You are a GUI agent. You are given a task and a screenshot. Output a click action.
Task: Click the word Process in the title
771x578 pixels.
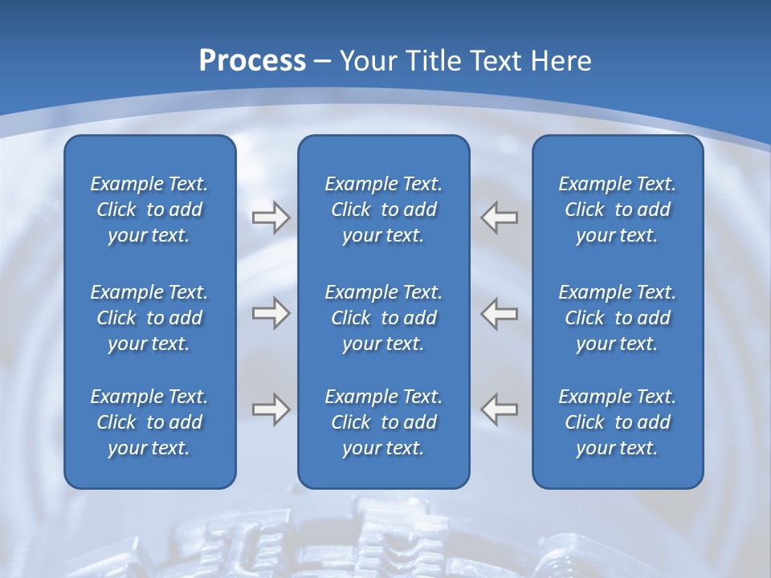click(x=252, y=60)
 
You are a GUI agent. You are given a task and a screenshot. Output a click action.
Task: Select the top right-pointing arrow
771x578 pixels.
click(x=271, y=218)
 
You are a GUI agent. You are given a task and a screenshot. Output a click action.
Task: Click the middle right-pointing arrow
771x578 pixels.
click(x=271, y=313)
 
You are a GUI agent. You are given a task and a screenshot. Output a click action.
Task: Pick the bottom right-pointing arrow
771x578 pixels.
click(x=271, y=409)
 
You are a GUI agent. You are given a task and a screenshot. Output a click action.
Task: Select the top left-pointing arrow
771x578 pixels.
click(x=499, y=218)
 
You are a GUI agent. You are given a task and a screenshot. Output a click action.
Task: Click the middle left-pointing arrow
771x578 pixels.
click(x=499, y=313)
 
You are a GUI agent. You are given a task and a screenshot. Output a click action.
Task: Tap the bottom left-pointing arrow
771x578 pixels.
click(x=499, y=409)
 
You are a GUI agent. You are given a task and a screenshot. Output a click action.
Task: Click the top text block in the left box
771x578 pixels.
click(x=149, y=210)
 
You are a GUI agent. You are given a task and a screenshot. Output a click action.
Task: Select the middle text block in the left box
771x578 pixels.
click(x=149, y=318)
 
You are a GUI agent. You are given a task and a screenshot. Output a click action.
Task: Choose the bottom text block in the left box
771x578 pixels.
click(x=149, y=422)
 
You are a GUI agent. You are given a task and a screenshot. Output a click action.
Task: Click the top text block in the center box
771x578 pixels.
click(x=384, y=210)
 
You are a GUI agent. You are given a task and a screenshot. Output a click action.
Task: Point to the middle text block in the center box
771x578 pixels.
click(x=384, y=318)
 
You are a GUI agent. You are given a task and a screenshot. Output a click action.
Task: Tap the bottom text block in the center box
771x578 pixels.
click(x=384, y=422)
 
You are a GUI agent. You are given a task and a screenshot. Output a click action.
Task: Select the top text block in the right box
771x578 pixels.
click(x=618, y=210)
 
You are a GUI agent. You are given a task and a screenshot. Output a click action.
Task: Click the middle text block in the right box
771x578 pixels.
click(x=618, y=318)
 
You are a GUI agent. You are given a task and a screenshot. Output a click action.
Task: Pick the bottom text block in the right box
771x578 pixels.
click(x=618, y=422)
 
